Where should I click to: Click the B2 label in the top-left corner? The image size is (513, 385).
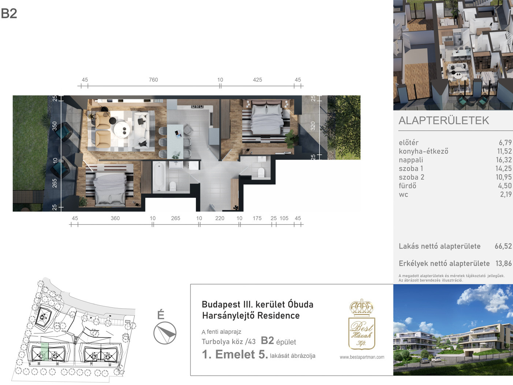[x=9, y=14]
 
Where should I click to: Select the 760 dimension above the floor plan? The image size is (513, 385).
[x=153, y=80]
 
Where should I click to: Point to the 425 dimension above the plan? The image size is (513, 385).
[x=257, y=80]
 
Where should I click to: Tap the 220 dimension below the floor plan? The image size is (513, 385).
[x=220, y=218]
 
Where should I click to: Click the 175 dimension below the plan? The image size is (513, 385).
[x=257, y=218]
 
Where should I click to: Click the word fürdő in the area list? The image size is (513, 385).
[x=408, y=186]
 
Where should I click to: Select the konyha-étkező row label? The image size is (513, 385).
[x=424, y=151]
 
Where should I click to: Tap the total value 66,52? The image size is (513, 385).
[x=503, y=246]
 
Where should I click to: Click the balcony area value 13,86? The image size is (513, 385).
[x=503, y=263]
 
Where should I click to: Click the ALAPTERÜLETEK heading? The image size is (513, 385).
[x=444, y=121]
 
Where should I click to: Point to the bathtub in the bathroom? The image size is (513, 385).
[x=159, y=177]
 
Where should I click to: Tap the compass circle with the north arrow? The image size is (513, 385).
[x=165, y=333]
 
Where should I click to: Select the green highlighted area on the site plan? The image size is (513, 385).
[x=44, y=351]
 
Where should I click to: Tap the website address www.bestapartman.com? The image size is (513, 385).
[x=362, y=357]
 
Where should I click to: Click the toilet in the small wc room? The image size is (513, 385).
[x=261, y=173]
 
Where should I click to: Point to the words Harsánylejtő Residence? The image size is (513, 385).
[x=251, y=315]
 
